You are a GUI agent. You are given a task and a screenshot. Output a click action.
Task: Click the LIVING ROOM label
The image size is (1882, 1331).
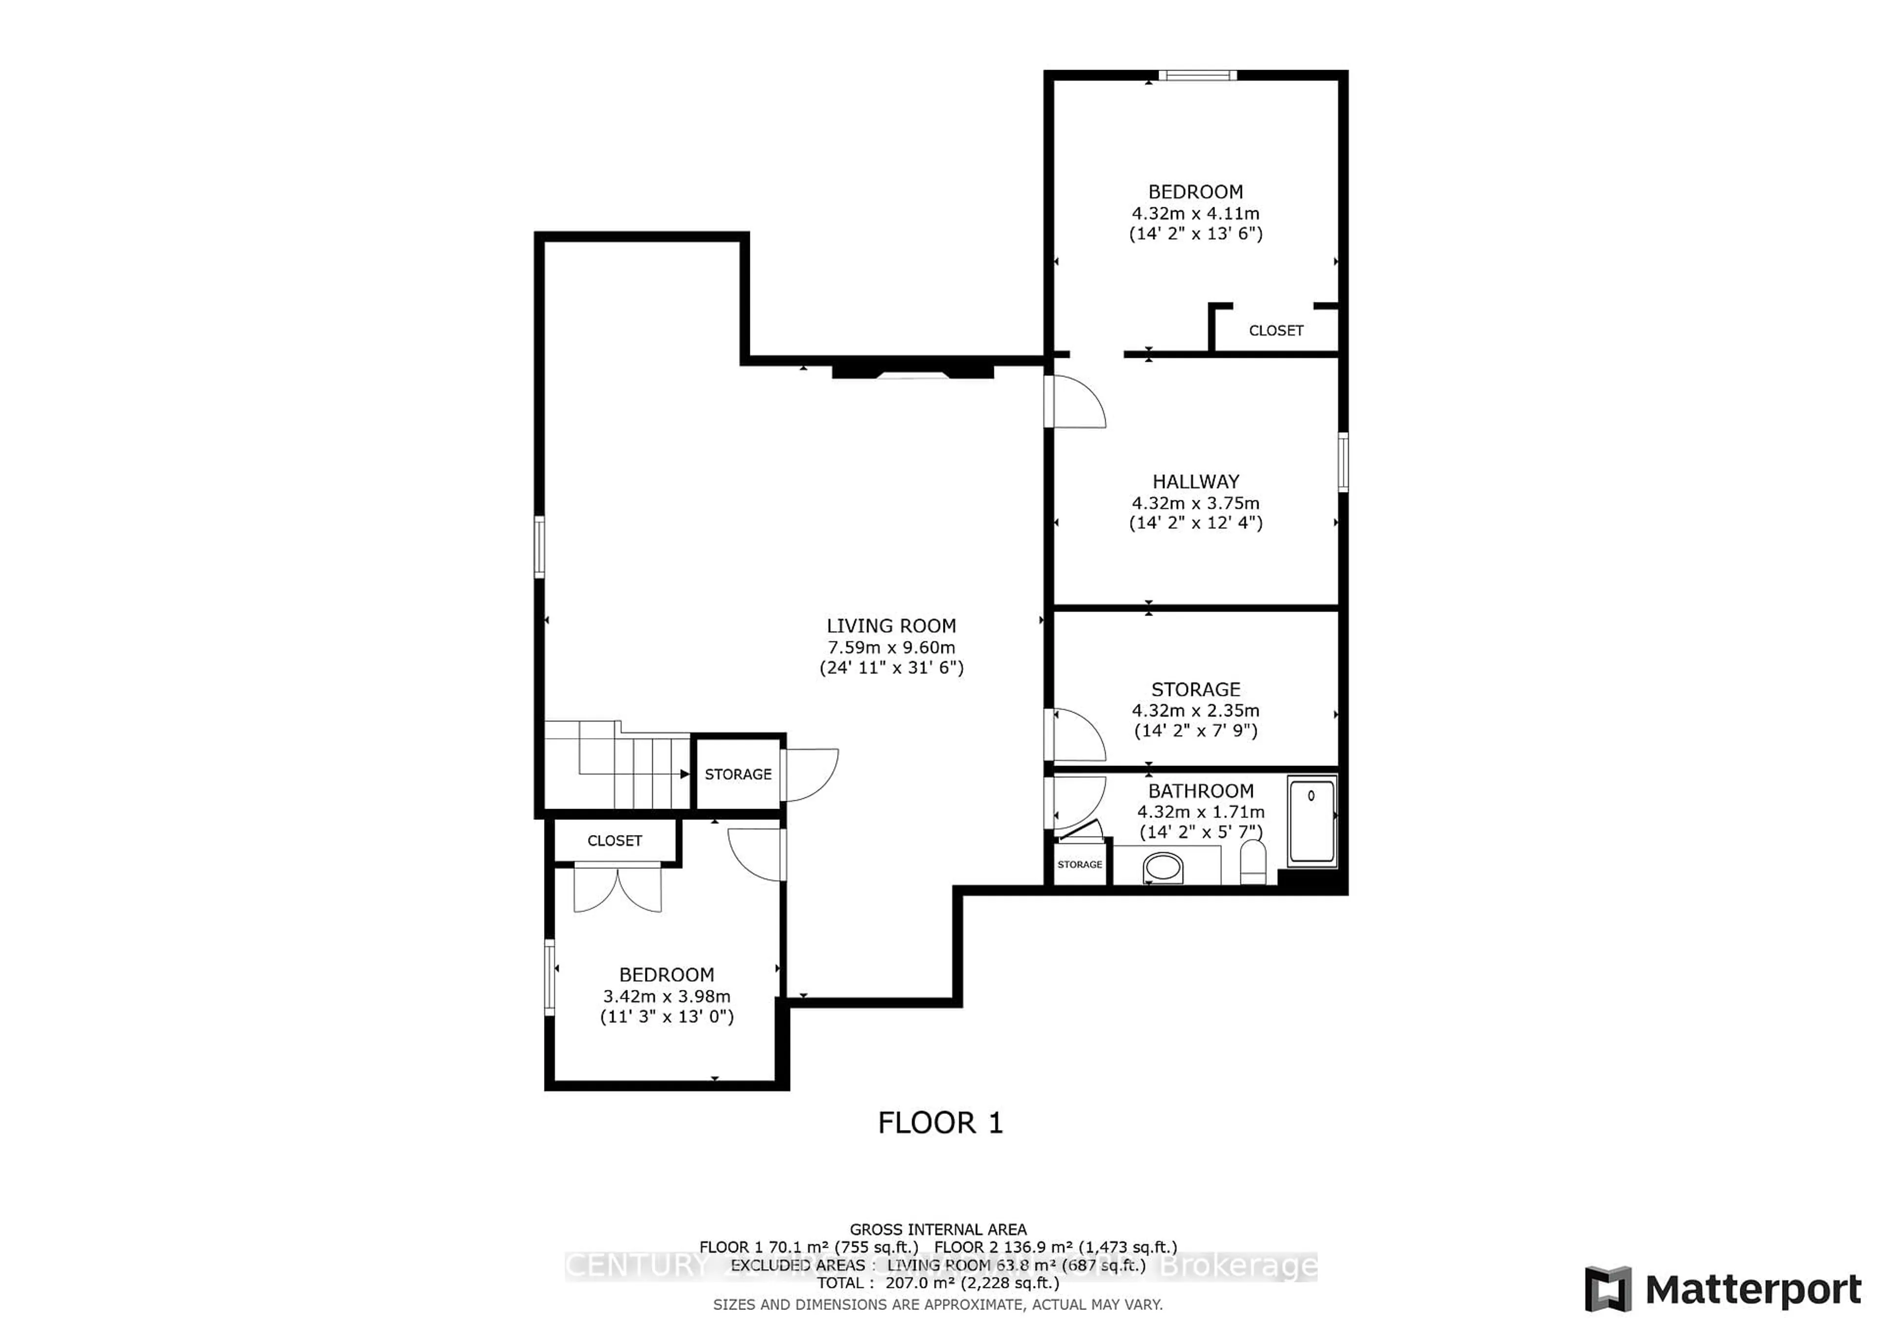[x=891, y=626]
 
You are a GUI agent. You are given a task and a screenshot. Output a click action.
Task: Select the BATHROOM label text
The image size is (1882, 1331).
[x=1200, y=791]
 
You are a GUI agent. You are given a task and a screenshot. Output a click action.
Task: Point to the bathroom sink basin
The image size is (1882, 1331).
[x=1163, y=867]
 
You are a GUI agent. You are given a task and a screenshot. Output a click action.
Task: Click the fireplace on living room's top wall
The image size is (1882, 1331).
[x=912, y=372]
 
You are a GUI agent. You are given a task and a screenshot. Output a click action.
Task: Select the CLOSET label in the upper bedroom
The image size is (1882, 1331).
[x=1275, y=330]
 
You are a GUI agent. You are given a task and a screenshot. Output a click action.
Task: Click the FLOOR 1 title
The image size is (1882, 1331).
[x=940, y=1123]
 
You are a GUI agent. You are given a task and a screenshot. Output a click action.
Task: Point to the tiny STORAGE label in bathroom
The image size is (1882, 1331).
[x=1080, y=864]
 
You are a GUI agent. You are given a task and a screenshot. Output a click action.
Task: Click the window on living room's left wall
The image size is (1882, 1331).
[x=539, y=547]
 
